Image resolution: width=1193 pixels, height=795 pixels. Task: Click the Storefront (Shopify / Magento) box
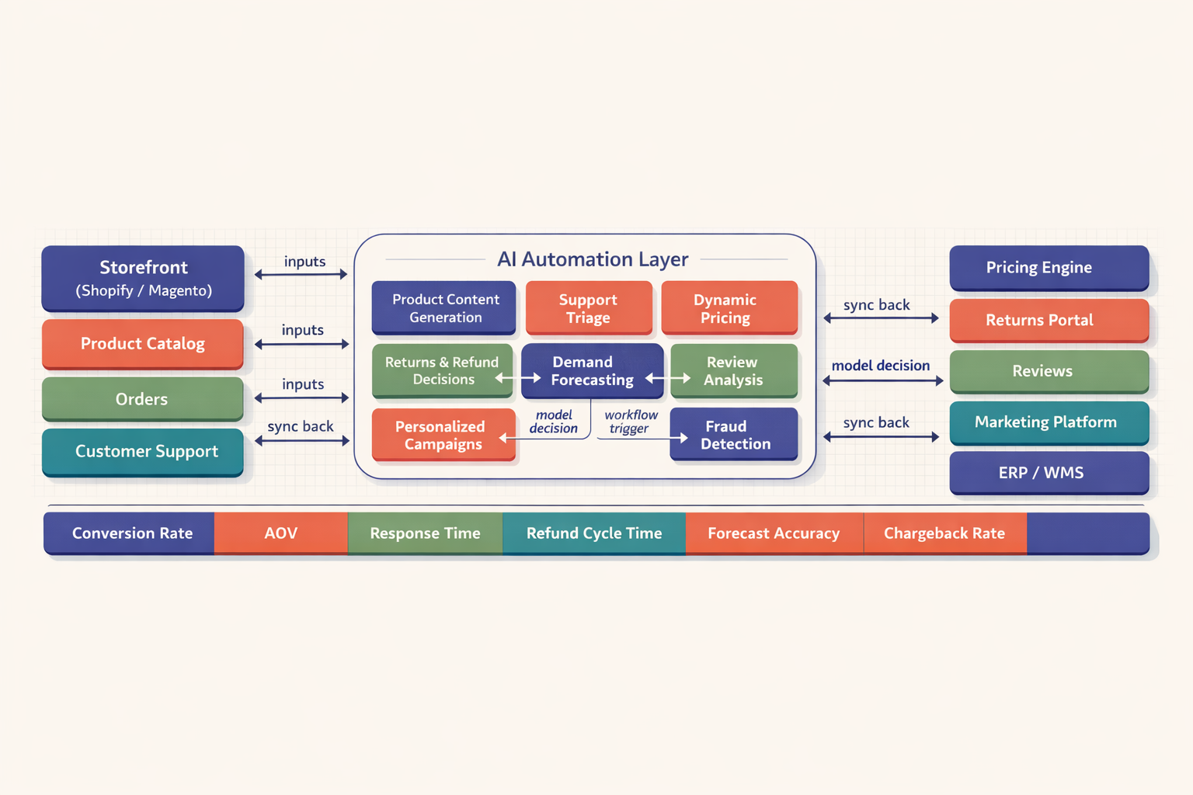pos(143,278)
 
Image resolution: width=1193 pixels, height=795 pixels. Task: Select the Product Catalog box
pos(143,343)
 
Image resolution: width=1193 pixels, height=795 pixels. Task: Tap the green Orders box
pos(143,399)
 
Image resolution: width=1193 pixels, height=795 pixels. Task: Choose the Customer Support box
pos(143,451)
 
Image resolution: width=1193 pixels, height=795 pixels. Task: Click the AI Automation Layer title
pos(593,259)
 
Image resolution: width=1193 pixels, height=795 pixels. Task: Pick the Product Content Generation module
pos(444,308)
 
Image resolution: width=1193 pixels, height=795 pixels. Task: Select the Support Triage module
pos(589,308)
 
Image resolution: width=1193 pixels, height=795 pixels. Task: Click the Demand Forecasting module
pos(592,371)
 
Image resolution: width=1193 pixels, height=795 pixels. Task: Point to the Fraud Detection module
pos(734,435)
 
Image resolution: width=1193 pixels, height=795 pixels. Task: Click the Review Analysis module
pos(734,371)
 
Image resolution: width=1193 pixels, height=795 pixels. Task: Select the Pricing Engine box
pos(1049,268)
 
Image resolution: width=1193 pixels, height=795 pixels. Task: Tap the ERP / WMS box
pos(1049,472)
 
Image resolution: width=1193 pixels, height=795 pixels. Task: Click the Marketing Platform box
pos(1049,422)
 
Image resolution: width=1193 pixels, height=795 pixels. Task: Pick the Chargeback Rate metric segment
pos(944,533)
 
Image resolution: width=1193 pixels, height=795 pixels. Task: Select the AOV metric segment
pos(280,533)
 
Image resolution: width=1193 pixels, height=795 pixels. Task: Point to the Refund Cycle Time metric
pos(594,533)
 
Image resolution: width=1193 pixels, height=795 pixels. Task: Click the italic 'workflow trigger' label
pos(630,422)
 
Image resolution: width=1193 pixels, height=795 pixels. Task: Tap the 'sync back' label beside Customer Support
pos(301,426)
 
